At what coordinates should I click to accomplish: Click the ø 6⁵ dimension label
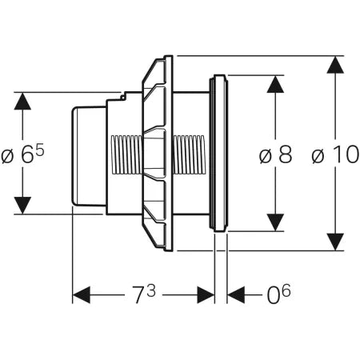(x=22, y=154)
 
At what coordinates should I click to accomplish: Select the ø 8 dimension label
(x=274, y=154)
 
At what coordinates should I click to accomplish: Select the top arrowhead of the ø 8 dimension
(x=274, y=86)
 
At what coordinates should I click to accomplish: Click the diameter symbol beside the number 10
(x=317, y=156)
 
